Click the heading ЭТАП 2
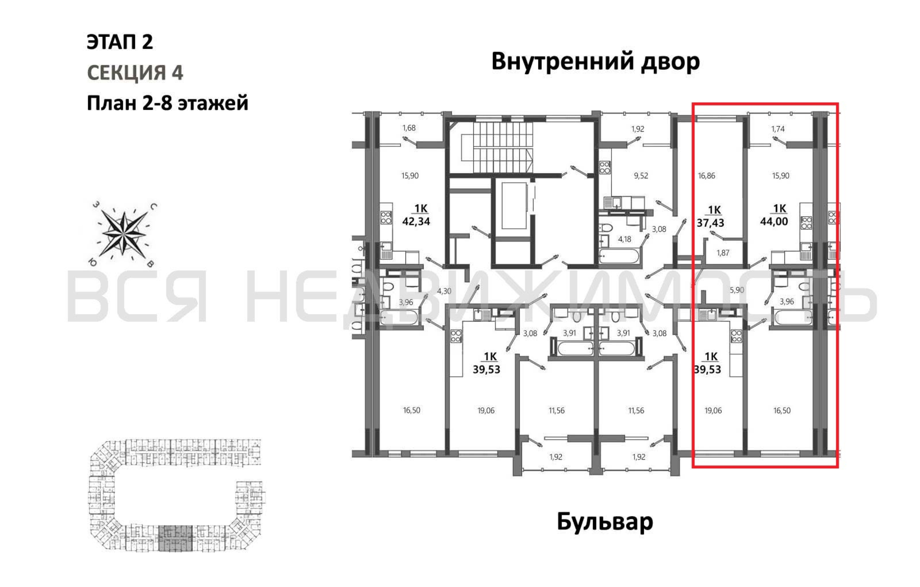coord(120,42)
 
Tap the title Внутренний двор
coord(595,62)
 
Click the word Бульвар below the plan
coord(605,522)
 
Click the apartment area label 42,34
coord(416,221)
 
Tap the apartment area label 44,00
coord(774,221)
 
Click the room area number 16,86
coord(706,176)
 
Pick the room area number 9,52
coord(641,176)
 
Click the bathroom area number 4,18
coord(625,239)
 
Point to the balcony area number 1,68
coord(409,128)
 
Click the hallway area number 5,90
coord(737,290)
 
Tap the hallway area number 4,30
coord(444,291)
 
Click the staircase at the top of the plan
coord(497,147)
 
